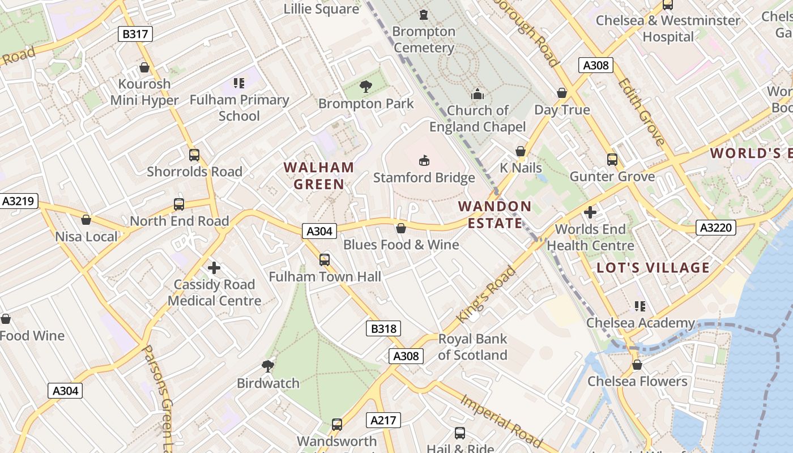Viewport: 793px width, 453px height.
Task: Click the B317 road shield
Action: click(135, 34)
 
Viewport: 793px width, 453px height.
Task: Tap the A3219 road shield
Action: click(19, 201)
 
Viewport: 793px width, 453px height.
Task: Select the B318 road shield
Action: click(383, 328)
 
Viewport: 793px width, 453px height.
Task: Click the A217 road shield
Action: click(384, 420)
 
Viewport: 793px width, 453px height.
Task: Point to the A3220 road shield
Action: click(716, 228)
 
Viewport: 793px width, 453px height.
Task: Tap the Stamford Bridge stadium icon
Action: click(424, 161)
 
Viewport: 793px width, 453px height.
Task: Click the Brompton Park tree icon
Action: click(366, 87)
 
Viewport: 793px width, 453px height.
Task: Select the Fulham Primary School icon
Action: click(239, 83)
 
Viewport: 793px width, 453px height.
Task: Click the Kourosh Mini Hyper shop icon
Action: click(144, 67)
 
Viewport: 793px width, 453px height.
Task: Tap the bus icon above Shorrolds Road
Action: click(194, 155)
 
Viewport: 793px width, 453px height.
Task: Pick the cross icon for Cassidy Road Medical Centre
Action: click(214, 268)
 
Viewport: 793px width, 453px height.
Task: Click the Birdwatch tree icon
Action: click(268, 366)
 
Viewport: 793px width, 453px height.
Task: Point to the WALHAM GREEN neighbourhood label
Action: click(319, 176)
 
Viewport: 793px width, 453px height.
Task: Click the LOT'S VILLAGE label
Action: click(653, 268)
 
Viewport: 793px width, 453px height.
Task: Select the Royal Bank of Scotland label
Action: click(472, 347)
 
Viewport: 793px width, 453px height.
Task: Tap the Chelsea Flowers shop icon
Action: click(637, 365)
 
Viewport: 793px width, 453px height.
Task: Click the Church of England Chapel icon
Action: click(477, 93)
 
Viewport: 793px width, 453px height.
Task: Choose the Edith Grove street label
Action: click(641, 112)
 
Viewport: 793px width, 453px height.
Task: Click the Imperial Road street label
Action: click(502, 420)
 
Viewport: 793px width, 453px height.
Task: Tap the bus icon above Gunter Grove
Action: click(612, 159)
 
